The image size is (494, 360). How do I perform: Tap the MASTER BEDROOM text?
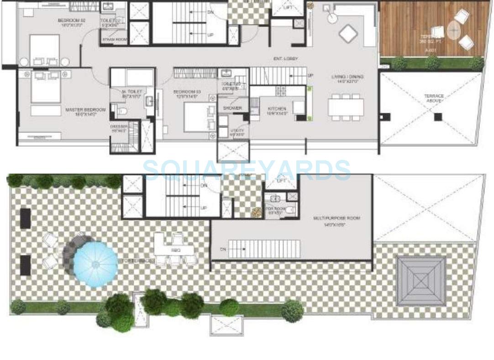tap(85, 110)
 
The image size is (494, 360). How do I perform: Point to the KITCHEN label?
tap(277, 109)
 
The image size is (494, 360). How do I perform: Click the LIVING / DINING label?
tap(347, 76)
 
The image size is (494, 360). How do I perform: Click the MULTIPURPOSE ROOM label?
tap(336, 218)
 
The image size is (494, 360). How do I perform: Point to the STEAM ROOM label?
tap(114, 40)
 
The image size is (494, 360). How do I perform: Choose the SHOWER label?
tap(232, 108)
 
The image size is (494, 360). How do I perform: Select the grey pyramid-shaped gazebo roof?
tap(420, 280)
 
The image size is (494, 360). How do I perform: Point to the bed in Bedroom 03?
tap(196, 117)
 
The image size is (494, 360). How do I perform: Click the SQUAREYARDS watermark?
tap(247, 170)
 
